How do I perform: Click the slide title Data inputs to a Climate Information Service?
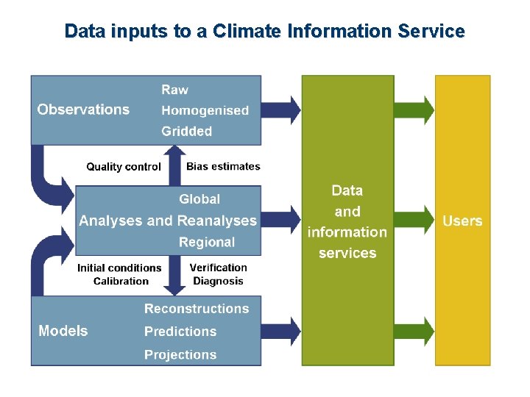(264, 32)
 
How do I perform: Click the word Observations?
(83, 110)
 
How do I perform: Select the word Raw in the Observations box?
(174, 90)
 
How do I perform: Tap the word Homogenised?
(205, 110)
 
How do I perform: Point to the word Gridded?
(186, 132)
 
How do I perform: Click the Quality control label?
(124, 167)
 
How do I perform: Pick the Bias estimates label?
(223, 167)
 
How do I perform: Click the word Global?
(199, 199)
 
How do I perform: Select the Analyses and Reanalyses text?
(168, 221)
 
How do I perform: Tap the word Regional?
(207, 242)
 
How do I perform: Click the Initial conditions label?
(119, 268)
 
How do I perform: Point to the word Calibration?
(121, 281)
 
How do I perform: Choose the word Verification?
(218, 268)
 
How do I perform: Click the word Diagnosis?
(218, 281)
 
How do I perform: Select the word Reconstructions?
(197, 309)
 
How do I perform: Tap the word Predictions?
(180, 332)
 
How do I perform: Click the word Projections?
(180, 354)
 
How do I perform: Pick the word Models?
(63, 331)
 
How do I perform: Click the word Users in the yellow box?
(462, 221)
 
